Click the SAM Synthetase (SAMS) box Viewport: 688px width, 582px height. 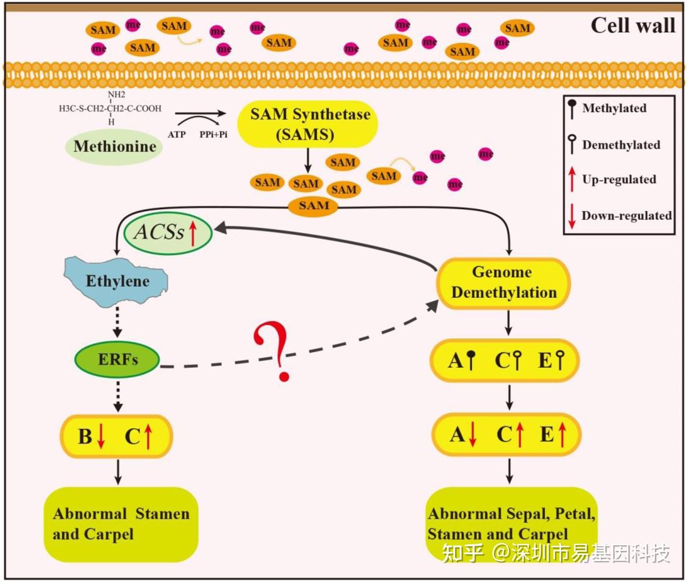click(308, 124)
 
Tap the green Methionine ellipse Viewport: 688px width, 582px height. click(114, 147)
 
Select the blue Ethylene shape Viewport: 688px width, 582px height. click(117, 281)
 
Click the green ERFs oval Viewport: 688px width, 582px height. click(118, 359)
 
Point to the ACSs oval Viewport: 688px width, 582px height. click(167, 233)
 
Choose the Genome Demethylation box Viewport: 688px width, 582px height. click(503, 283)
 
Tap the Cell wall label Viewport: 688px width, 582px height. click(632, 26)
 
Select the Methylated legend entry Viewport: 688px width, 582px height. click(614, 108)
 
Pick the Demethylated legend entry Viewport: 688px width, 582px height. click(620, 145)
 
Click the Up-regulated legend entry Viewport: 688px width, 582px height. click(619, 180)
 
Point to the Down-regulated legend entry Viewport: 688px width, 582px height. click(626, 216)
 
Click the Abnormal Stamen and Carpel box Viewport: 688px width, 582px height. click(121, 524)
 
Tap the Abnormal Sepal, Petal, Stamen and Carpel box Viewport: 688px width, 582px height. click(511, 524)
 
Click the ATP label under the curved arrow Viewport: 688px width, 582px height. click(176, 135)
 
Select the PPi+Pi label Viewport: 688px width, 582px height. click(213, 135)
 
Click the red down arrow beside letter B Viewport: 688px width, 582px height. click(101, 437)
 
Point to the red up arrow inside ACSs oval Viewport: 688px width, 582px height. click(193, 234)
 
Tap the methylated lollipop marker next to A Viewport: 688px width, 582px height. click(471, 360)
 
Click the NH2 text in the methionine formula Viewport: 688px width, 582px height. click(116, 94)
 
